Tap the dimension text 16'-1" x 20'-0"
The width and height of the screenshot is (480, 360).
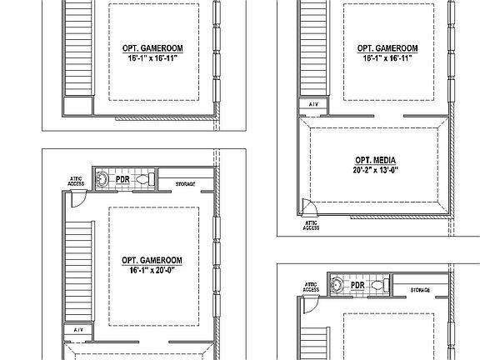[155, 270]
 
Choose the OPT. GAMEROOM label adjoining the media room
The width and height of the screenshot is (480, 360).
[386, 48]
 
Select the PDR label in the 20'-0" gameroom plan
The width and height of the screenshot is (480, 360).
[122, 179]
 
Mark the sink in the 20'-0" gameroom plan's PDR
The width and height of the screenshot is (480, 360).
[101, 178]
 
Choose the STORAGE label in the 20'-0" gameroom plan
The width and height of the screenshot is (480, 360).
[185, 183]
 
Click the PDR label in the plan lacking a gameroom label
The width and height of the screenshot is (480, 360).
[358, 286]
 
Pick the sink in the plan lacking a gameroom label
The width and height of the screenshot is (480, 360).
[337, 285]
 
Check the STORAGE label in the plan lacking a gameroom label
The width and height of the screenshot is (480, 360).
[421, 290]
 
